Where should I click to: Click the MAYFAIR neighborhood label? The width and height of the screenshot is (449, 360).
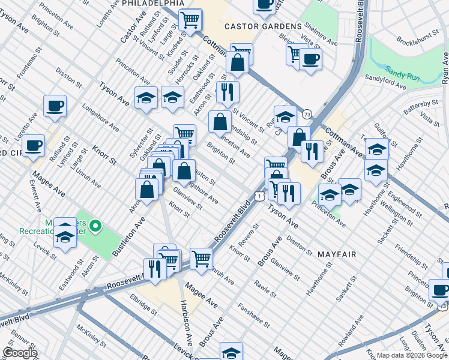point(337,254)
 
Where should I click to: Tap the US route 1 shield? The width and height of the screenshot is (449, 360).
point(259,196)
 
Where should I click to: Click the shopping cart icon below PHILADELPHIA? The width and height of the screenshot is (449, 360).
point(190,19)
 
